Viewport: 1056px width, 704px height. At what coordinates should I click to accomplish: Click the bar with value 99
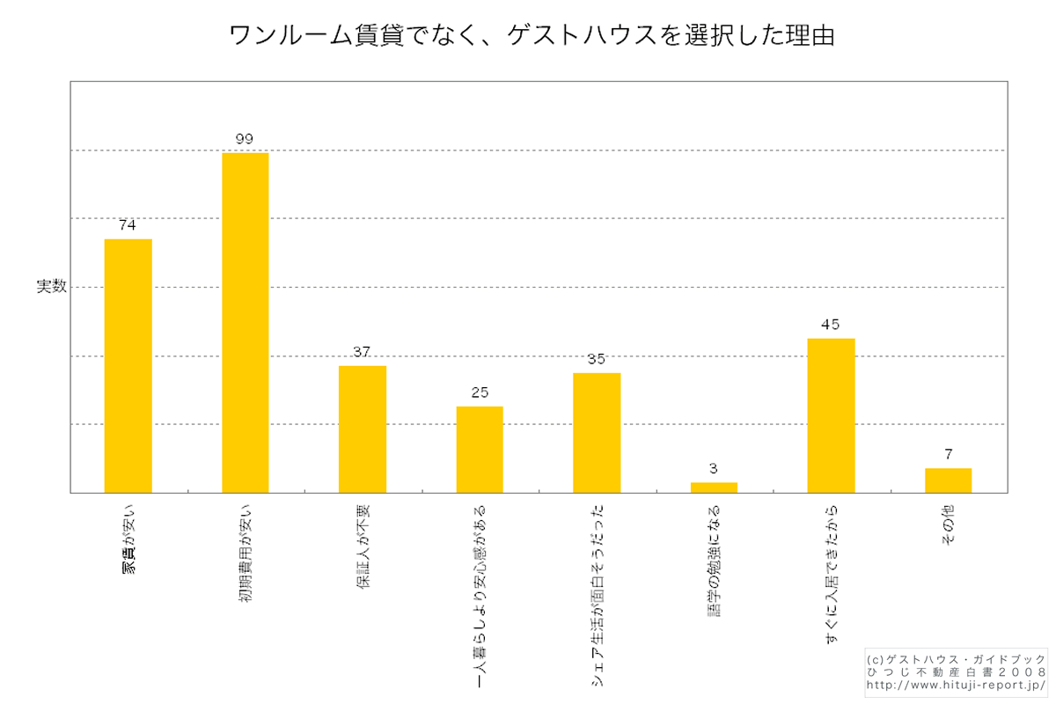245,322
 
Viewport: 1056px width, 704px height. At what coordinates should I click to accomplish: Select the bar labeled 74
128,365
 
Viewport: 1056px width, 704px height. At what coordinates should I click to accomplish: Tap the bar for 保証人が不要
362,429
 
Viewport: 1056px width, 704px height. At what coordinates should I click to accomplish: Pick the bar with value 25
479,449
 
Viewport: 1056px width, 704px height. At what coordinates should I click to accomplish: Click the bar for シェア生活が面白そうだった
597,432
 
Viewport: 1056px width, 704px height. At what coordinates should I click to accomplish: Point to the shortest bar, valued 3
714,488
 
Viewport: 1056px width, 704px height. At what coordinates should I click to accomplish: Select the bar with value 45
831,415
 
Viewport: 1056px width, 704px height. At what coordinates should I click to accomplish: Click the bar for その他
948,480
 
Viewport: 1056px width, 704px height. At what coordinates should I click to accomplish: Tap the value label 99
245,139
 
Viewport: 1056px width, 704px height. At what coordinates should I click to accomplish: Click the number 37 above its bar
362,352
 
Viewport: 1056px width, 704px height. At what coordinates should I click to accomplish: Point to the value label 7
948,454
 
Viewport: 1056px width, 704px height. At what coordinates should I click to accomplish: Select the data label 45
831,324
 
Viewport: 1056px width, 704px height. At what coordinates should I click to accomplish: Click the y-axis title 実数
51,287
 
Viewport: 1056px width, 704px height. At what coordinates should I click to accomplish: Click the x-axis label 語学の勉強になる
714,560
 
